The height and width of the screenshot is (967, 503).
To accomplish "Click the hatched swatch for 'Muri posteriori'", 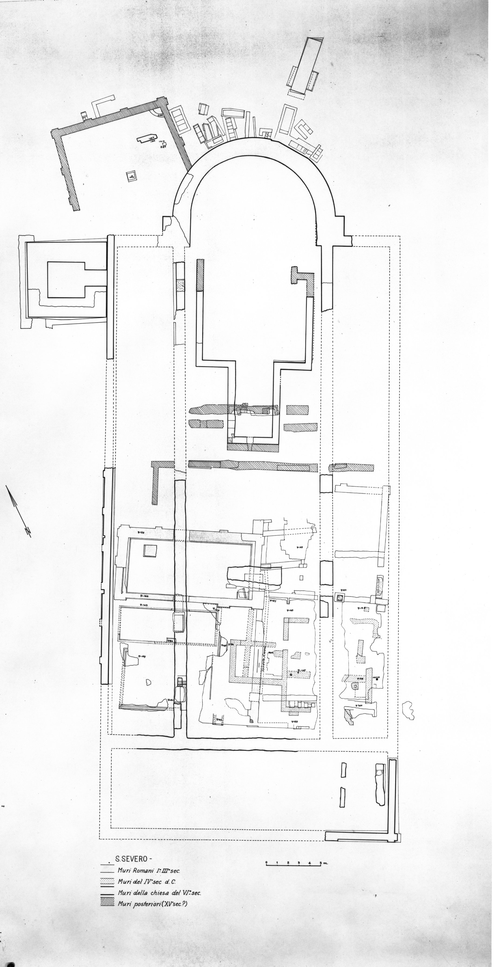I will pos(107,904).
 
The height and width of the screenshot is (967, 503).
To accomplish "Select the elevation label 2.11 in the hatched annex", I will pos(164,147).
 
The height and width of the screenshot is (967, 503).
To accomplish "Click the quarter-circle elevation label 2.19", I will pos(159,115).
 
